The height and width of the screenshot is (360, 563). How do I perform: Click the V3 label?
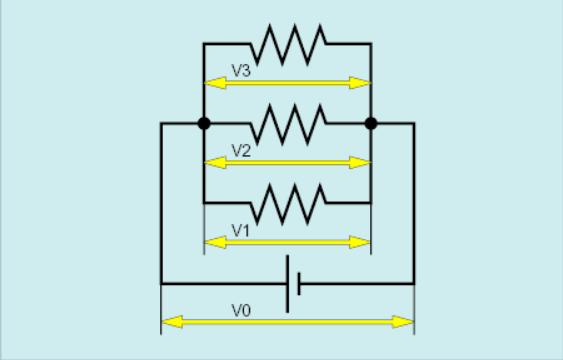coord(241,71)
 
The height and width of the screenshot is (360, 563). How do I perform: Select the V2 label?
coord(241,151)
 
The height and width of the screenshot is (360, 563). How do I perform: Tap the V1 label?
coord(241,231)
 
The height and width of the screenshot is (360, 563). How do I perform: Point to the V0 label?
coord(241,311)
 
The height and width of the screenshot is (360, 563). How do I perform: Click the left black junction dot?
coord(204,123)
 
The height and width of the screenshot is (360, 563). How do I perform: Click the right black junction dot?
coord(371,123)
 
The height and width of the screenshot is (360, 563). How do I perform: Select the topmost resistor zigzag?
coord(289,45)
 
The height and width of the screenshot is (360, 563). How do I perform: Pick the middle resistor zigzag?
coord(289,124)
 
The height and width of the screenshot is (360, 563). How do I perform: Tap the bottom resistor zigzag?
coord(289,204)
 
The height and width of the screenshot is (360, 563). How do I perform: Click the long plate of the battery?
coord(287,284)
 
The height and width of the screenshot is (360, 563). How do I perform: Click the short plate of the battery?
coord(299,284)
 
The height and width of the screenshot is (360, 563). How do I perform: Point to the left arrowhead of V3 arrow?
coord(215,83)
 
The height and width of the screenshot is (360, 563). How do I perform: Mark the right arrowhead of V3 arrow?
coord(359,83)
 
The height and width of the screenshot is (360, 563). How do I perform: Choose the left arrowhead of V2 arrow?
coord(215,163)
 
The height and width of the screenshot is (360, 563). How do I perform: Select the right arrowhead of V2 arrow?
coord(359,163)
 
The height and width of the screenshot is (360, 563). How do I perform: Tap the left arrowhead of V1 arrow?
coord(215,242)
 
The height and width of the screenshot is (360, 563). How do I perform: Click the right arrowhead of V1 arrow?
coord(359,242)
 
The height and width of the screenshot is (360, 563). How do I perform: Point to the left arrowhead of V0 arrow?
coord(173,322)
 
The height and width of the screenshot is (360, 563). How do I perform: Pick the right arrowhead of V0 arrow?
coord(403,322)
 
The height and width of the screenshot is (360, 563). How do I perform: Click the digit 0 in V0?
coord(246,311)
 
